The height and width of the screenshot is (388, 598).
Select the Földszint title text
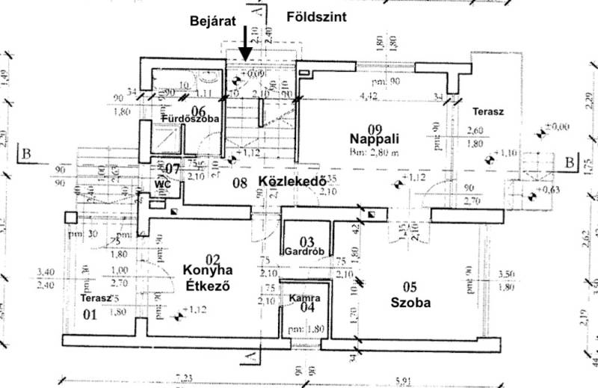pyautogui.click(x=315, y=16)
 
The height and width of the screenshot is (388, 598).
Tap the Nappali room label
pyautogui.click(x=377, y=138)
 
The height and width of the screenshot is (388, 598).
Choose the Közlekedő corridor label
pyautogui.click(x=290, y=181)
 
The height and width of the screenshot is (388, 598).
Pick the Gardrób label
pyautogui.click(x=306, y=251)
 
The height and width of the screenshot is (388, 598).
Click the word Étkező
pyautogui.click(x=205, y=285)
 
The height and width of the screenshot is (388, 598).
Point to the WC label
pyautogui.click(x=163, y=183)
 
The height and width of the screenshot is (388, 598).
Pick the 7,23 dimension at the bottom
pyautogui.click(x=182, y=378)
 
